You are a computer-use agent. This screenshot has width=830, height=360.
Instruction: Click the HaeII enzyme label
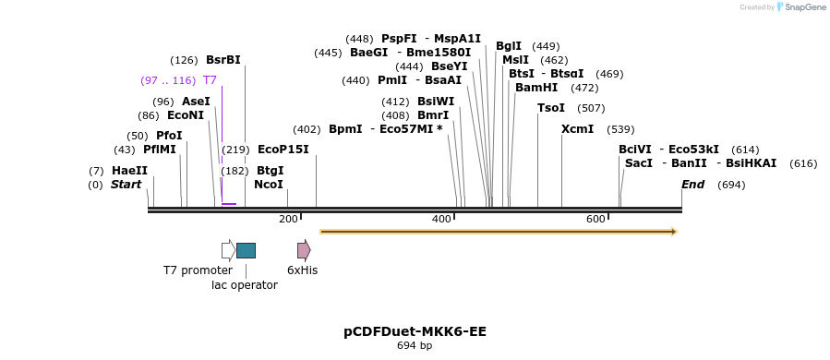point(129,171)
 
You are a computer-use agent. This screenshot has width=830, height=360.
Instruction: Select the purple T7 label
point(210,80)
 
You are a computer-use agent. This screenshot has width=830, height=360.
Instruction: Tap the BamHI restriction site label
point(536,88)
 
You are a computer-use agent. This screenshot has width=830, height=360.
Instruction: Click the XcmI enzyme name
point(577,129)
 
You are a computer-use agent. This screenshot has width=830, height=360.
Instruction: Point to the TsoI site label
point(551,108)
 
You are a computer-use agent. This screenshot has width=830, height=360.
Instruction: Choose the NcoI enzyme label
point(269,185)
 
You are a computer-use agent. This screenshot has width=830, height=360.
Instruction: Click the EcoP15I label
point(283,150)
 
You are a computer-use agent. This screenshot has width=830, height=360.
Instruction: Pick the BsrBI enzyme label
point(223,60)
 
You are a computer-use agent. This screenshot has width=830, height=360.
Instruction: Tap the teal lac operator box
point(246,250)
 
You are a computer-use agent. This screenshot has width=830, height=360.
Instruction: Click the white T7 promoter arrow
point(228,250)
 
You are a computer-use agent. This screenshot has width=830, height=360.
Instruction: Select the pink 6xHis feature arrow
point(304,250)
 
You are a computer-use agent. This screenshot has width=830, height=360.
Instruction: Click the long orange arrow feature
point(498,232)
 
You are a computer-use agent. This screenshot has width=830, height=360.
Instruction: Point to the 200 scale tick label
point(288,219)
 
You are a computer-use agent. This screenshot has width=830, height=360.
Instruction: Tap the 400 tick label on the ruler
point(441,219)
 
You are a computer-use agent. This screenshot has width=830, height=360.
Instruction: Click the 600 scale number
point(595,219)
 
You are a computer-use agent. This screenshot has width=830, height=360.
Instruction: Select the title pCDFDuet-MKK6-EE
point(415,331)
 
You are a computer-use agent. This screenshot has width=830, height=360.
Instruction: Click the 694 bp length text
point(415,346)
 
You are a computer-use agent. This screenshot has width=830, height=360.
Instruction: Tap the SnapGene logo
point(801,7)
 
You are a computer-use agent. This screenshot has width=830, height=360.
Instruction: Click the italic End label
point(692,185)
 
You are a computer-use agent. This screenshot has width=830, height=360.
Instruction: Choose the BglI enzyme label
point(509,46)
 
